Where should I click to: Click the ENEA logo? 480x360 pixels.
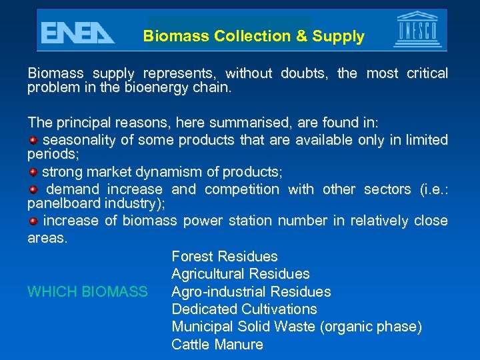pyautogui.click(x=77, y=33)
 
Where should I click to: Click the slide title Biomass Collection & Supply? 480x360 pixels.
pyautogui.click(x=254, y=37)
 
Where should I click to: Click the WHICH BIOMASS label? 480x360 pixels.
pyautogui.click(x=87, y=292)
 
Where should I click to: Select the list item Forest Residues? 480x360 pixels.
pyautogui.click(x=225, y=257)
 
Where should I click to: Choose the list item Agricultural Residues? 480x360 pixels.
pyautogui.click(x=241, y=274)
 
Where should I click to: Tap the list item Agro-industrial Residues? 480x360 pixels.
pyautogui.click(x=251, y=292)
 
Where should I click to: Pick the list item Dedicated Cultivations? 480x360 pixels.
pyautogui.click(x=244, y=309)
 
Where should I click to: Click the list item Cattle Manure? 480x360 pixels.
pyautogui.click(x=217, y=345)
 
